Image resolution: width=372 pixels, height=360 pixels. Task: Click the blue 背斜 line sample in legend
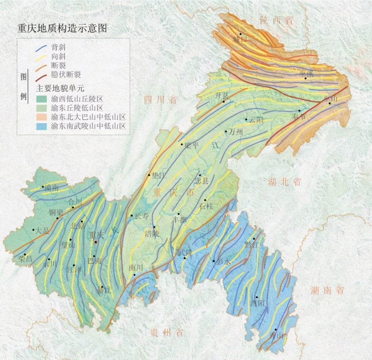point(41,48)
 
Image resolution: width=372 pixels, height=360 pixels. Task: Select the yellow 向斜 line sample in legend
point(41,57)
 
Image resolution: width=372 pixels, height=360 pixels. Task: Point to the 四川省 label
point(160,100)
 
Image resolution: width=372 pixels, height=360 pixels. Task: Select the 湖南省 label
point(327,291)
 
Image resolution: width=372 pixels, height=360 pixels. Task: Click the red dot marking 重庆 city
point(96,242)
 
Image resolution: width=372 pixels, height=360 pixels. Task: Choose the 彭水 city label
point(223,262)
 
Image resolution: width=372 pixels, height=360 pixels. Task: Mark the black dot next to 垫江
point(149,175)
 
